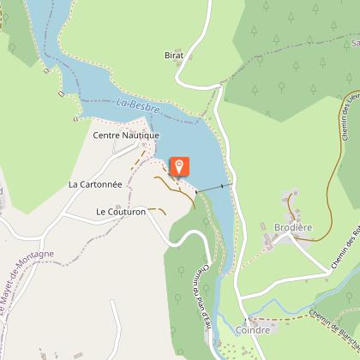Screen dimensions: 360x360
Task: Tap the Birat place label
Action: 174,54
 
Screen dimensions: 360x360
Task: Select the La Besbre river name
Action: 134,105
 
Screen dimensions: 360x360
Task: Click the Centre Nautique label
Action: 126,135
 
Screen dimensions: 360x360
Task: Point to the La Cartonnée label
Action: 95,183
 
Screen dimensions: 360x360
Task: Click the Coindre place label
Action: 251,329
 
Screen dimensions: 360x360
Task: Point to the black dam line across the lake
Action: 213,188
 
